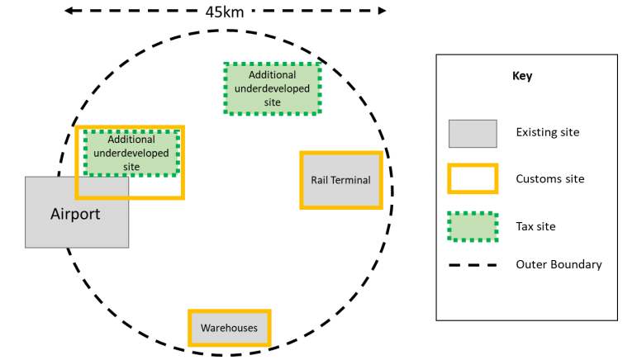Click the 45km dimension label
click(225, 12)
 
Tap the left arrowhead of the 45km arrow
click(69, 12)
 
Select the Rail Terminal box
click(340, 180)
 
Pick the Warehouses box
click(229, 328)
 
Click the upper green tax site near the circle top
click(273, 88)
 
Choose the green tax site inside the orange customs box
click(131, 153)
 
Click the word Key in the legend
click(522, 76)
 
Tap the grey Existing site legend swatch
click(473, 133)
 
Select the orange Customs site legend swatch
click(473, 179)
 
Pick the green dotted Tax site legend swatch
click(473, 226)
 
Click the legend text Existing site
click(547, 132)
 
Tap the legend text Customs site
click(549, 179)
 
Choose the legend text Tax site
click(535, 226)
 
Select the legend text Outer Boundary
click(559, 265)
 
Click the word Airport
click(75, 215)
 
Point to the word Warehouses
click(229, 328)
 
